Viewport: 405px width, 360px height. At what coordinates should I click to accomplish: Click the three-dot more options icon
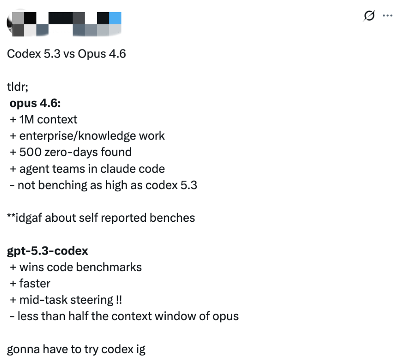388,16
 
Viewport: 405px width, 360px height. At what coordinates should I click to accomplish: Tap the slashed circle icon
369,16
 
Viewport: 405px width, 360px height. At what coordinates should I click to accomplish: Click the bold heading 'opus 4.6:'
35,103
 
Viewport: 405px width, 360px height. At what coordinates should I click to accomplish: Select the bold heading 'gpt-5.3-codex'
47,251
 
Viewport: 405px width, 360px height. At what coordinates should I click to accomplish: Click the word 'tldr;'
17,87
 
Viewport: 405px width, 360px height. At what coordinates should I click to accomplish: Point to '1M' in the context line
27,120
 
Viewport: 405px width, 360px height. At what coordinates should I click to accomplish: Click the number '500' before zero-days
30,152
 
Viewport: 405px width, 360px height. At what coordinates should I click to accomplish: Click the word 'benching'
62,185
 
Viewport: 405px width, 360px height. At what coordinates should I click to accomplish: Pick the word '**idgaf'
25,218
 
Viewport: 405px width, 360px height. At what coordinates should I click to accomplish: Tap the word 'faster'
35,284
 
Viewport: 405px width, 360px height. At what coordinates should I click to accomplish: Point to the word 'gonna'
23,350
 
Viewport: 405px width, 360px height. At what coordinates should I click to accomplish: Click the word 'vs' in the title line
69,54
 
